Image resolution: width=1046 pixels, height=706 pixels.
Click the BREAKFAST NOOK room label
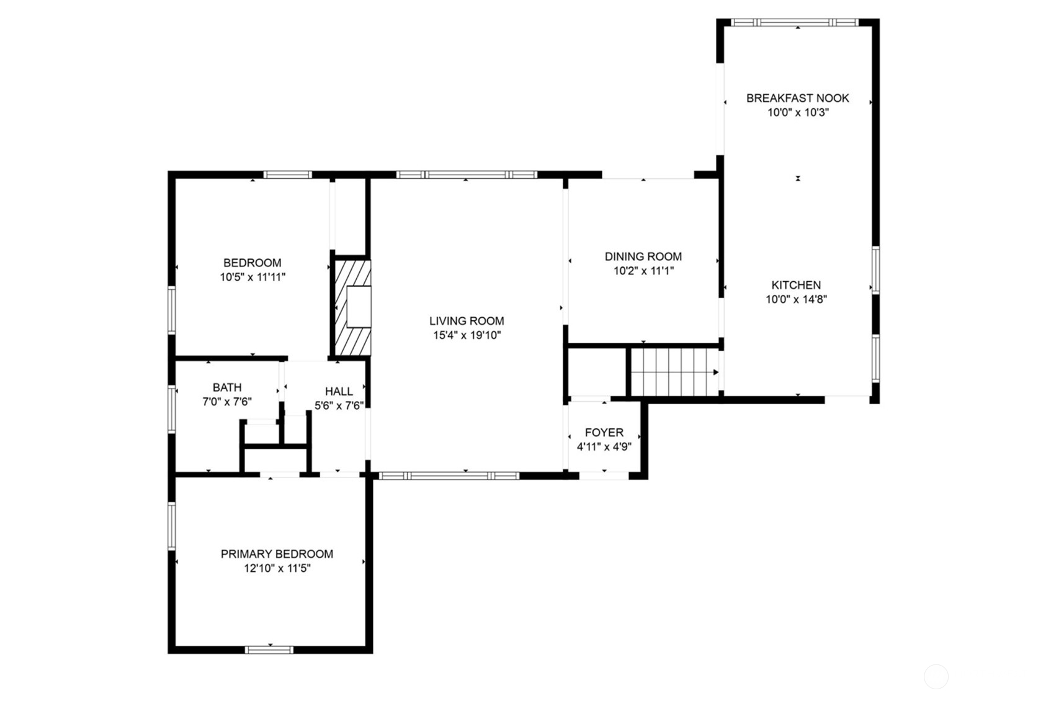coord(798,98)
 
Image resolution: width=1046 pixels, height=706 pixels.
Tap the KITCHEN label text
coord(796,285)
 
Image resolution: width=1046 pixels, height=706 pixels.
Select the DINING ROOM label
coord(643,256)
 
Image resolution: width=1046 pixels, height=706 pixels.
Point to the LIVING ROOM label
coord(467,321)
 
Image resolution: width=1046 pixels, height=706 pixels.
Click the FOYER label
coord(604,433)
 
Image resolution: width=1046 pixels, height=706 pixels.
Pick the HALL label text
coord(339,392)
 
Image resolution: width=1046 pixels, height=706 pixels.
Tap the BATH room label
coord(227,387)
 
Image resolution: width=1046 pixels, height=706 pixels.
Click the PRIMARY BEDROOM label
coord(277,554)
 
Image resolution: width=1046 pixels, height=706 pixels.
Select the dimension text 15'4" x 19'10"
coord(467,335)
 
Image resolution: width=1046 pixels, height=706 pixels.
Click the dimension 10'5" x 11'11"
coord(253,277)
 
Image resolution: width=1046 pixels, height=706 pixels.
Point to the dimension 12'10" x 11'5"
coord(277,568)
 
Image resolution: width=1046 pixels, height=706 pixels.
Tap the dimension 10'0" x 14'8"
coord(796,299)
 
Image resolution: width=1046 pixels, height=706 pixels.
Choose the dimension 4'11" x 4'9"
coord(604,446)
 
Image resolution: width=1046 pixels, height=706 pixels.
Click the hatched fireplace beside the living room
coord(353,308)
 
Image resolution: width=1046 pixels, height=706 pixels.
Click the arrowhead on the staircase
coord(716,373)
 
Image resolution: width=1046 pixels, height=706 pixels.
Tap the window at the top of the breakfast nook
coord(794,22)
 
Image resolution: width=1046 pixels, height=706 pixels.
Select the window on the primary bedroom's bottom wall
coord(269,649)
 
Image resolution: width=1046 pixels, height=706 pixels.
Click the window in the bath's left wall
coord(171,409)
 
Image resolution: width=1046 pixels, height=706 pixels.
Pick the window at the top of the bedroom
coord(287,174)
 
